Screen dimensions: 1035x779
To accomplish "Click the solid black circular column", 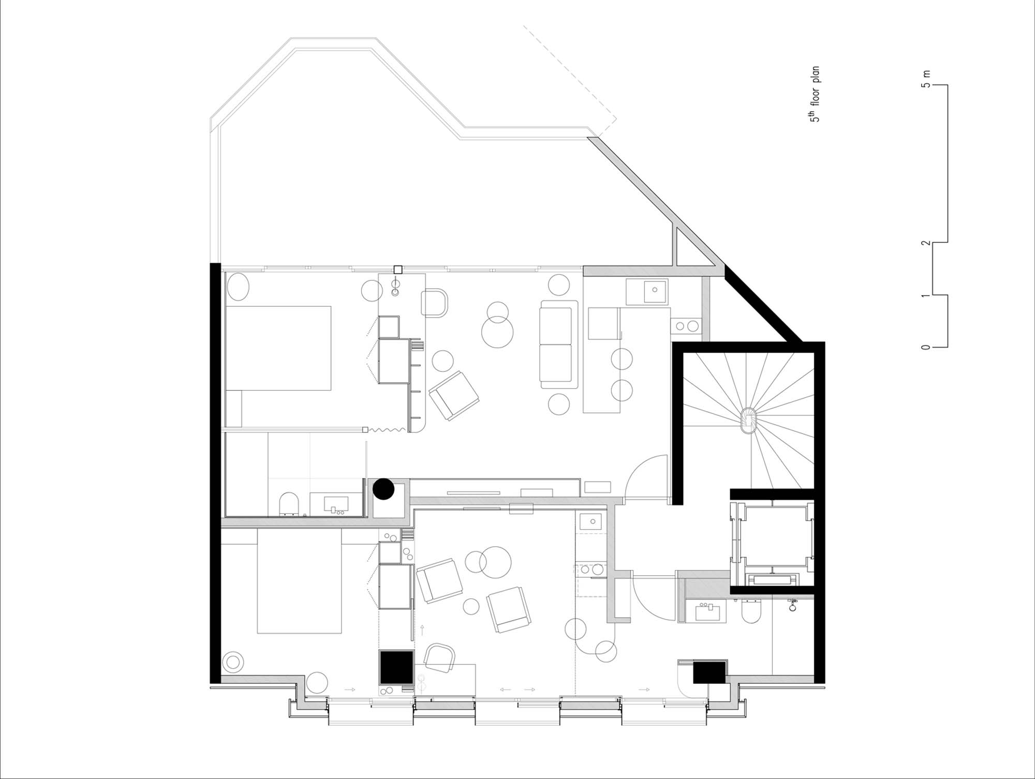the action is click(x=384, y=489).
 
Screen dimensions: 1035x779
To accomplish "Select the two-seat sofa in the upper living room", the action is click(x=559, y=344).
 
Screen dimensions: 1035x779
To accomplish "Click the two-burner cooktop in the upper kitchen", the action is click(x=686, y=326).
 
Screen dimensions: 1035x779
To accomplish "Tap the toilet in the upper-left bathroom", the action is click(x=288, y=504).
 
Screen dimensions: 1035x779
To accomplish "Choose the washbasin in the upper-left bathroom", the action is click(x=336, y=503).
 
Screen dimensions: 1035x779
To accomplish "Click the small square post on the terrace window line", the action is click(x=398, y=269).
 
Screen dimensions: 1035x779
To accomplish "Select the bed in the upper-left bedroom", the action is click(x=278, y=348).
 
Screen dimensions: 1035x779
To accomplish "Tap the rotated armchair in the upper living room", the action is click(x=454, y=396).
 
